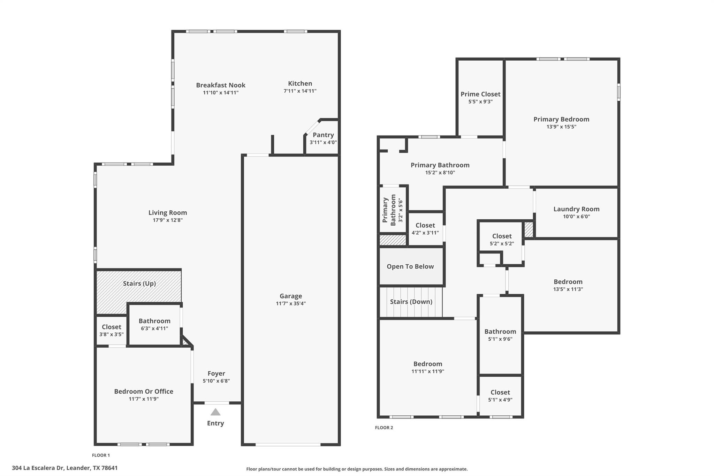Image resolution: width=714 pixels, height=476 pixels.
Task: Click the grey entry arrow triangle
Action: click(x=215, y=412)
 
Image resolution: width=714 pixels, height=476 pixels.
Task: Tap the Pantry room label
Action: click(x=323, y=135)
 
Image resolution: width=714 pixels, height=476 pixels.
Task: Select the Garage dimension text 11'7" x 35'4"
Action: click(x=291, y=303)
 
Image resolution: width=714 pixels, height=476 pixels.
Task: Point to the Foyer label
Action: click(x=216, y=373)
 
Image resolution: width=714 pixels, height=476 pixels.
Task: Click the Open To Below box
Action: click(x=410, y=266)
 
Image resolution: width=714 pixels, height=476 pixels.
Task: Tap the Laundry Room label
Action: click(x=576, y=209)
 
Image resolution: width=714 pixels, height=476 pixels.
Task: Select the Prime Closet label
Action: click(x=480, y=94)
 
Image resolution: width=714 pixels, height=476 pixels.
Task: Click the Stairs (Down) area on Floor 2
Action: click(x=411, y=302)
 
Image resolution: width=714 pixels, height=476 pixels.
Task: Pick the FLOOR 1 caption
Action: click(x=101, y=455)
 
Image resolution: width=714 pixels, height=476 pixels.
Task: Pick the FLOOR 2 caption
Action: click(x=384, y=428)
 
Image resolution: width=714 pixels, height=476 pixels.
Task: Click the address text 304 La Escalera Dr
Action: click(x=64, y=468)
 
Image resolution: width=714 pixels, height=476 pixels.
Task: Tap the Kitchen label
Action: click(x=300, y=83)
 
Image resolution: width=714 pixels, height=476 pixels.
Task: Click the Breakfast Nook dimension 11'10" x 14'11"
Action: click(x=221, y=93)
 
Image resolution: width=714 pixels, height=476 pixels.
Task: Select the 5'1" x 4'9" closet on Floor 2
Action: click(x=500, y=396)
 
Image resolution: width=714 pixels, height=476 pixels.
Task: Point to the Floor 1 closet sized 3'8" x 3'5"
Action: click(x=111, y=330)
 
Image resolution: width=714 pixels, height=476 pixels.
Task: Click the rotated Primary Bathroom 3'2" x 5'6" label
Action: click(x=393, y=210)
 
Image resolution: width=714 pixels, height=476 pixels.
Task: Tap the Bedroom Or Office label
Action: click(x=144, y=391)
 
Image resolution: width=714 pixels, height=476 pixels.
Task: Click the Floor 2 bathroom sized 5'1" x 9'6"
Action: click(x=500, y=335)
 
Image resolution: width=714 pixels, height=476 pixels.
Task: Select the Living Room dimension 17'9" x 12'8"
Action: click(x=168, y=220)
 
